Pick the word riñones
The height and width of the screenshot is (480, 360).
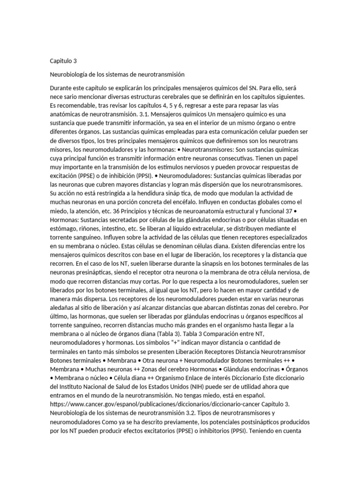coord(90,229)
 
